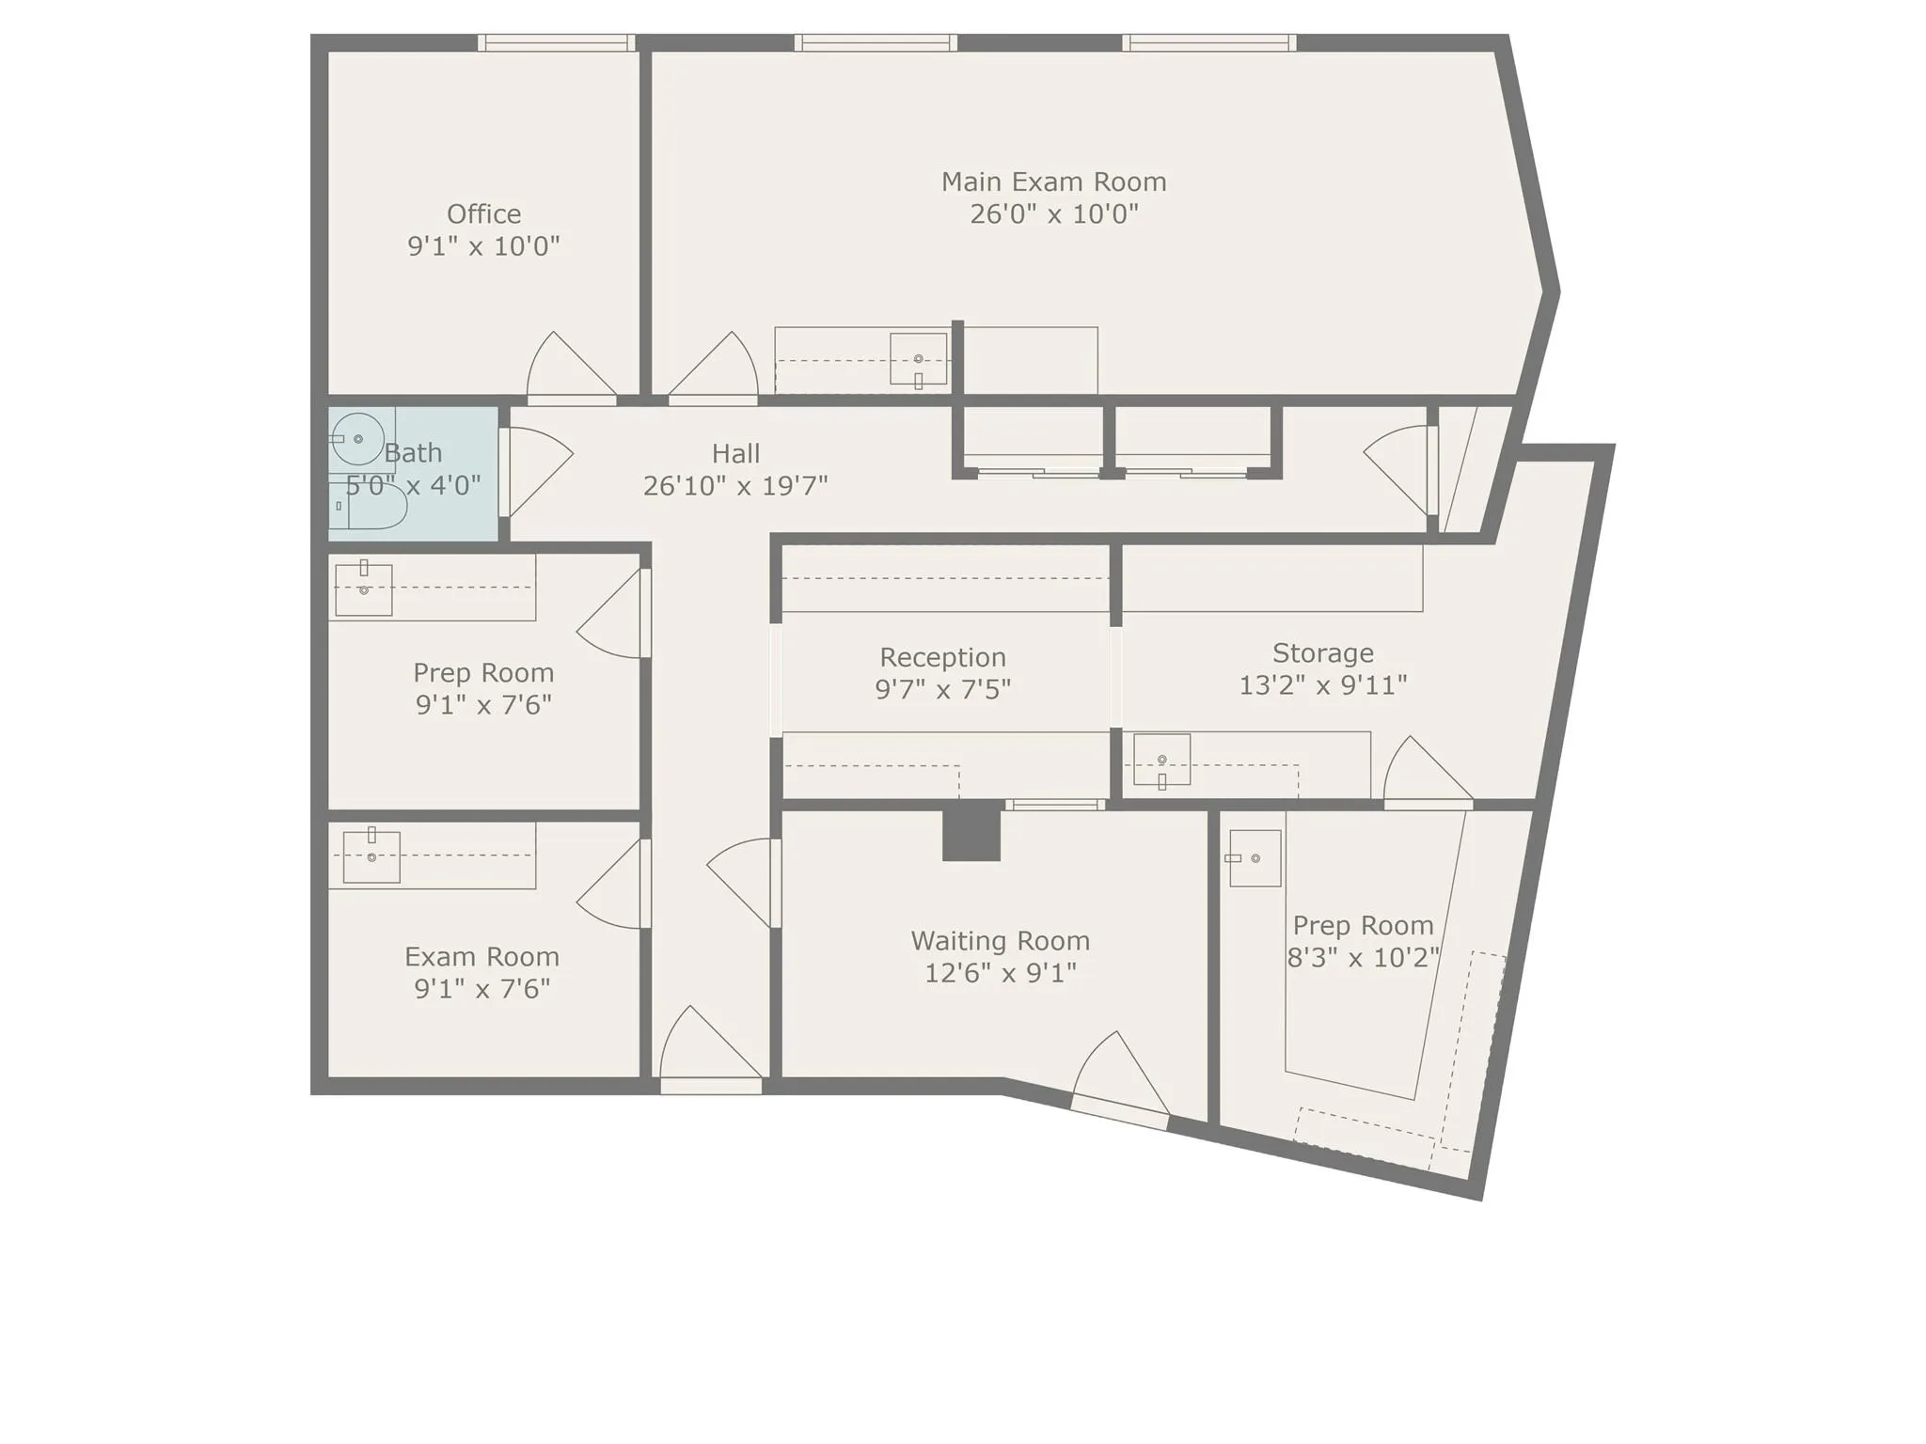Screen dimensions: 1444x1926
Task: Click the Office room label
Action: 483,214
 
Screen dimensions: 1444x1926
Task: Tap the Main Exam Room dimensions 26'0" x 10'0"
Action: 1053,214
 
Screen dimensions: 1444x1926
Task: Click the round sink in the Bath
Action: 358,439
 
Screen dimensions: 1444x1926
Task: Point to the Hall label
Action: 735,454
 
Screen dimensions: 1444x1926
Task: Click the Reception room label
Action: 942,657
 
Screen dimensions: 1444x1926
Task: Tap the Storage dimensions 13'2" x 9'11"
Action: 1322,685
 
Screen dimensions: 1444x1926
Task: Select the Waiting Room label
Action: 1000,941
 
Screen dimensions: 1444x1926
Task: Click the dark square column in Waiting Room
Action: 971,835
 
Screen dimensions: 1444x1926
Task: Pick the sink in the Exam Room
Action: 371,856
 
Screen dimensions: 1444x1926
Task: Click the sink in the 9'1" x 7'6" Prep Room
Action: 363,589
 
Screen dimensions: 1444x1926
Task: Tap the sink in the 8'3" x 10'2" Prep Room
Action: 1255,857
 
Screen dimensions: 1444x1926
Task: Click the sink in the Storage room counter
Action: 1161,759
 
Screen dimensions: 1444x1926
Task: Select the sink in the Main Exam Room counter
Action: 918,358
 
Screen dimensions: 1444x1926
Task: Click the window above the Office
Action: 556,42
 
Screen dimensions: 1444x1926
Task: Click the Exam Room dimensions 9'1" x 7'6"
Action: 481,989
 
